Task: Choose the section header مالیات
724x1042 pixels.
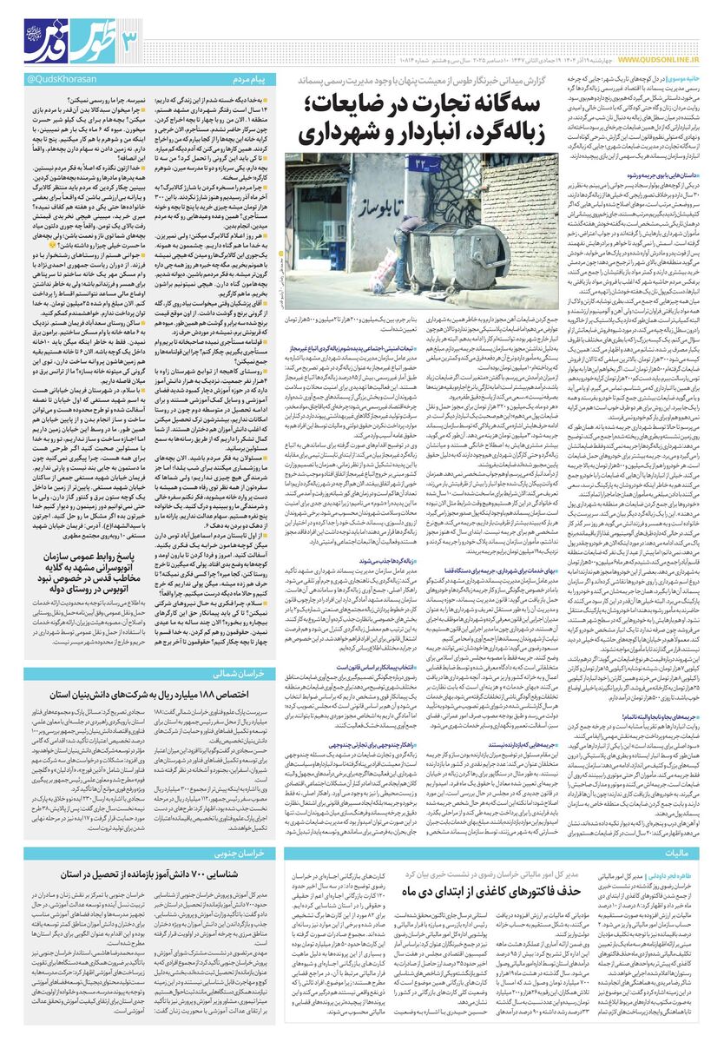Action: pos(688,853)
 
